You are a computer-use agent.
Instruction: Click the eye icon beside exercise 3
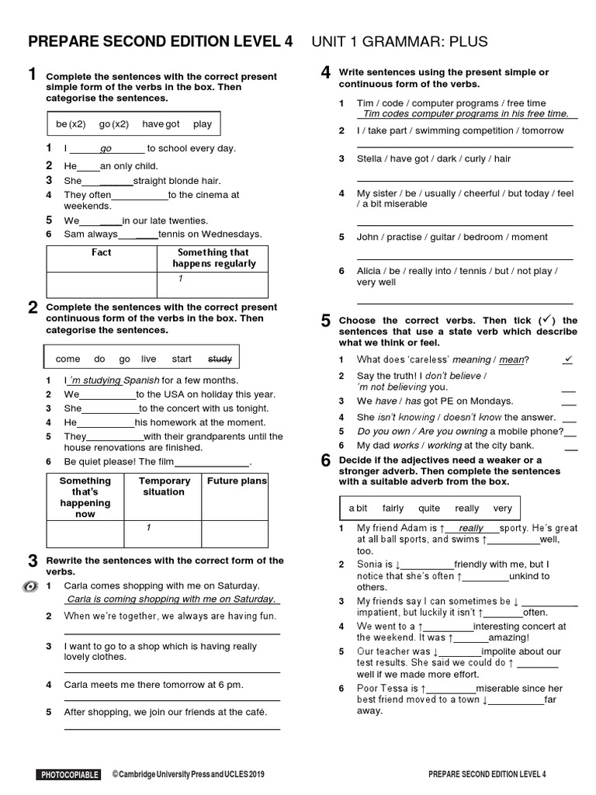(x=29, y=586)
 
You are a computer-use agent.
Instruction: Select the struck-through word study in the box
(x=220, y=359)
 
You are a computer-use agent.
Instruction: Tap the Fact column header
(x=101, y=252)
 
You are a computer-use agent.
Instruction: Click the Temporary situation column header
(x=164, y=486)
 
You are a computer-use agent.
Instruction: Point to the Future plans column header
(x=237, y=481)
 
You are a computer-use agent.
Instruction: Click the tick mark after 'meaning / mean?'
(x=568, y=359)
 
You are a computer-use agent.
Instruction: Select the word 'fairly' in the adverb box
(x=393, y=509)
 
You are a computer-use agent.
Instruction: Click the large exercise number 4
(x=326, y=73)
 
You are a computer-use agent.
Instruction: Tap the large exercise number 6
(x=326, y=460)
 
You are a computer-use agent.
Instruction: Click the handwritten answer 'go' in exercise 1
(x=106, y=148)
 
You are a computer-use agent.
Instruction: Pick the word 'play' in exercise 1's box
(x=203, y=123)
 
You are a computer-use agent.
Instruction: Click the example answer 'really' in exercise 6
(x=471, y=528)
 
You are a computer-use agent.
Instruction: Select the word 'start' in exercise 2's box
(x=182, y=359)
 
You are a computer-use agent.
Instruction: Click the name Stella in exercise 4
(x=369, y=158)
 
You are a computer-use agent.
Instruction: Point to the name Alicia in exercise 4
(x=369, y=271)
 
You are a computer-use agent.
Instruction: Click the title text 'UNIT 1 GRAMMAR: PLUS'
(x=400, y=41)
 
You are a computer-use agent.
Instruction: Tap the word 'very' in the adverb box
(x=502, y=509)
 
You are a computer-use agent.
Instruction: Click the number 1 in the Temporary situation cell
(x=147, y=528)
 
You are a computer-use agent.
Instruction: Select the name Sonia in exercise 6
(x=370, y=564)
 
